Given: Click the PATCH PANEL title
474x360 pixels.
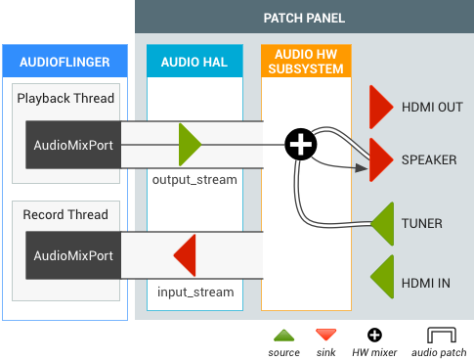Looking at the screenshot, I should (304, 18).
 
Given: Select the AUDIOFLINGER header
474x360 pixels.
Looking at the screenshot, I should (65, 63).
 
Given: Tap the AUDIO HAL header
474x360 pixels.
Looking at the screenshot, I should (194, 63).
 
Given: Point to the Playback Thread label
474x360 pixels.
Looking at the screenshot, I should (65, 98).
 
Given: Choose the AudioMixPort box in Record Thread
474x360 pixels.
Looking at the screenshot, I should (73, 255).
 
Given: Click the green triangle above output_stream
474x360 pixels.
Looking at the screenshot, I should (189, 145).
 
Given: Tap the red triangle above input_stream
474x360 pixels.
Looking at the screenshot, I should (187, 256).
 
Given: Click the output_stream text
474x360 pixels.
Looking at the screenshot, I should (194, 180).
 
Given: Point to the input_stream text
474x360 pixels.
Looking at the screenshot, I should (195, 292).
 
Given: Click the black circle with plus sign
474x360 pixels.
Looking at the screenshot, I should (300, 146).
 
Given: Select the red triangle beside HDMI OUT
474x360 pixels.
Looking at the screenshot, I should (380, 107).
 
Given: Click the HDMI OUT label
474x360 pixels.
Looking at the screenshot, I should (431, 107).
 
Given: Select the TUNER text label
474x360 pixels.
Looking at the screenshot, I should (421, 223).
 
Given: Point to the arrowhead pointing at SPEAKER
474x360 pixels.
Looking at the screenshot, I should (363, 171).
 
